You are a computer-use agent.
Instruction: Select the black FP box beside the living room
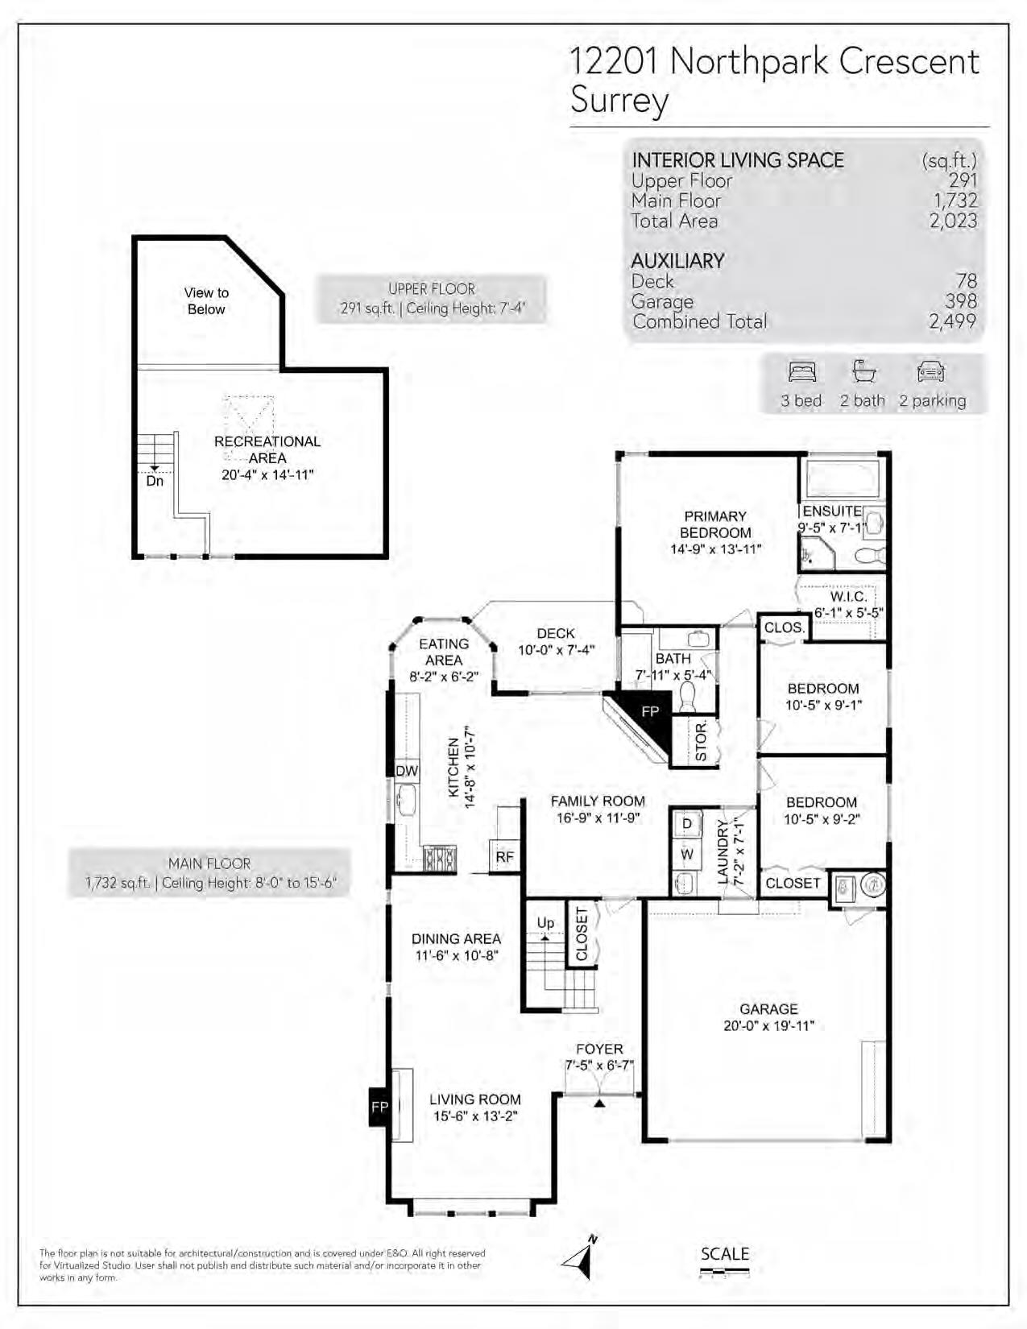(x=379, y=1107)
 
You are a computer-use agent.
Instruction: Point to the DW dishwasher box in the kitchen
(x=407, y=771)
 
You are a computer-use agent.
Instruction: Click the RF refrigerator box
(x=504, y=857)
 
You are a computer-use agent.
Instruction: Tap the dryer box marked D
(x=686, y=824)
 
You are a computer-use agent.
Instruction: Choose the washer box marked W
(x=686, y=854)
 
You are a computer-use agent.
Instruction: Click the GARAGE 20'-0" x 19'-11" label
(x=768, y=1017)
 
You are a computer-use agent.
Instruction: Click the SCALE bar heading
(x=725, y=1254)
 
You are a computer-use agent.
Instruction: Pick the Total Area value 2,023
(x=953, y=221)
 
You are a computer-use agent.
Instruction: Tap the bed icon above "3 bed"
(x=802, y=372)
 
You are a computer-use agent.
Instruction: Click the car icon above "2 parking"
(x=931, y=372)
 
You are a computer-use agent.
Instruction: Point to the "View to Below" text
(x=206, y=301)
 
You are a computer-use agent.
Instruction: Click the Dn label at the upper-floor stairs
(x=155, y=481)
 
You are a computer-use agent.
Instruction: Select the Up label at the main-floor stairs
(x=545, y=922)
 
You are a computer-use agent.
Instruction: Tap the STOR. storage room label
(x=702, y=740)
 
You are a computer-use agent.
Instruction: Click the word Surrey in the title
(x=619, y=101)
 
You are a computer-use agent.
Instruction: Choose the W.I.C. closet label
(x=848, y=596)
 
